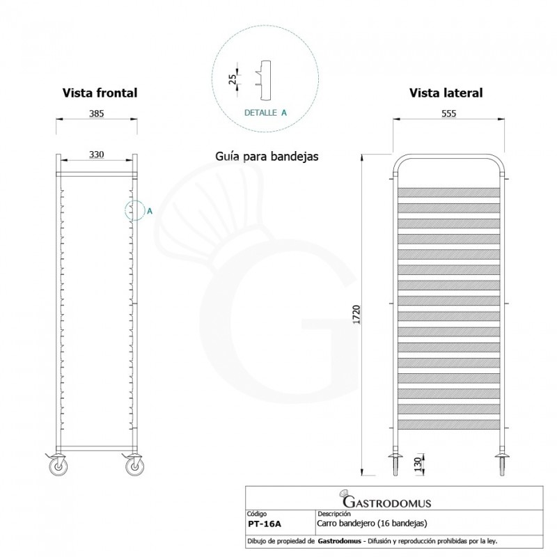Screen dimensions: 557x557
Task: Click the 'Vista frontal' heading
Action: point(100,93)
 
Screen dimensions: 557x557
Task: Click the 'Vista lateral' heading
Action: point(446,93)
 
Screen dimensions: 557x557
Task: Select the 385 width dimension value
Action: point(97,114)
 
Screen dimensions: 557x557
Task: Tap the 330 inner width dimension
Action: point(97,155)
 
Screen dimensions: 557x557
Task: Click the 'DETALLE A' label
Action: point(265,112)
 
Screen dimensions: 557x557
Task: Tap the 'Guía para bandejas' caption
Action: point(267,157)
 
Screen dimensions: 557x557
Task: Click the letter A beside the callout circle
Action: point(149,211)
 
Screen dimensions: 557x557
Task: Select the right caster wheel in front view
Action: point(134,466)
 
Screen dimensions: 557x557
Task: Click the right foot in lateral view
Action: point(501,464)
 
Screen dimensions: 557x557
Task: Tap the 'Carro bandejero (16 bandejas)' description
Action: point(372,523)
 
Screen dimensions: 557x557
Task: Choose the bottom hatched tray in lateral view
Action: point(448,423)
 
